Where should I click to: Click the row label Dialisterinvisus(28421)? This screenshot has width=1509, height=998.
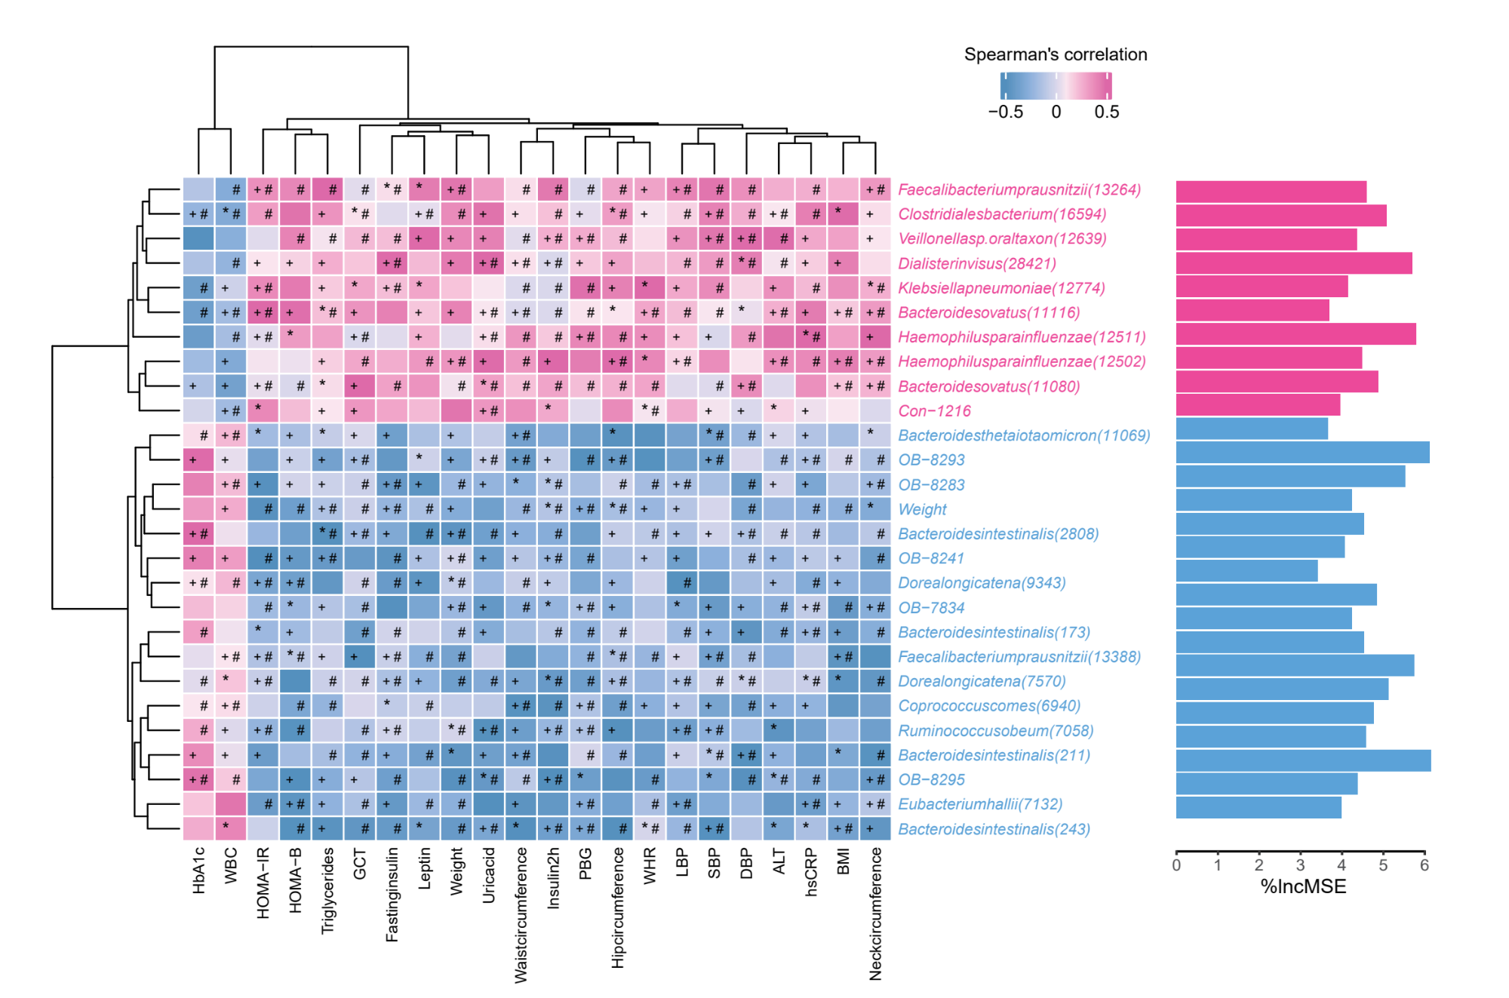[976, 263]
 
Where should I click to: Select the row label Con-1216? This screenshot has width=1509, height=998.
[934, 411]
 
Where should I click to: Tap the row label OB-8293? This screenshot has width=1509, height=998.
[931, 460]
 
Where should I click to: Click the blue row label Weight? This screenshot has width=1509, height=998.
[922, 509]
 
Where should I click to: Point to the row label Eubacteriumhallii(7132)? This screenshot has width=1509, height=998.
[980, 804]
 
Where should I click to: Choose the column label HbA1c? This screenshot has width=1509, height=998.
[198, 871]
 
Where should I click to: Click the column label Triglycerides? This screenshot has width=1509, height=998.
[327, 891]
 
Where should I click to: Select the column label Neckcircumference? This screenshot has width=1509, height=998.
[875, 914]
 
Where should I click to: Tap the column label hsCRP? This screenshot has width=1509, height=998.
[811, 872]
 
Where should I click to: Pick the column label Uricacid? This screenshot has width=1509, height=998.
[489, 875]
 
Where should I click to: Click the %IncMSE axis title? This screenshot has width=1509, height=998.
[1303, 886]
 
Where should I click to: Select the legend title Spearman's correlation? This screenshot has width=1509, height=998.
[1056, 54]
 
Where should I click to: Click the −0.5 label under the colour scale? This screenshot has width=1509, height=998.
[1006, 112]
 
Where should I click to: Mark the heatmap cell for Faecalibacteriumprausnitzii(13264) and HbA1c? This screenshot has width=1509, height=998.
[198, 189]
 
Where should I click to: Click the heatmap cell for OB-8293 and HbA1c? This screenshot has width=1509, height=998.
[198, 459]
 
